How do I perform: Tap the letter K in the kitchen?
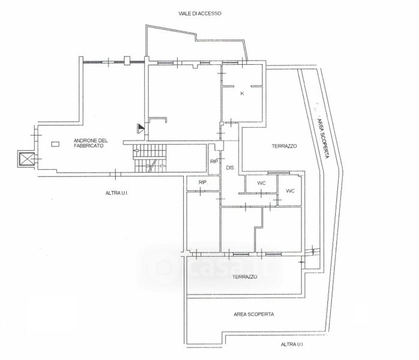(x=243, y=94)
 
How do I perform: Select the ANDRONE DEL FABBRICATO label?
(x=89, y=143)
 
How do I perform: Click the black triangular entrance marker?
(x=140, y=127)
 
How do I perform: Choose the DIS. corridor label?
(x=230, y=168)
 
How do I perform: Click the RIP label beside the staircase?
(x=213, y=161)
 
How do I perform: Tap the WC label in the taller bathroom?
(x=290, y=191)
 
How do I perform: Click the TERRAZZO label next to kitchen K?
(x=284, y=146)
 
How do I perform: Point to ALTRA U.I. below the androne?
(x=118, y=193)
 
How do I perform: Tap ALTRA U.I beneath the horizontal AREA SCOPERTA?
(x=292, y=344)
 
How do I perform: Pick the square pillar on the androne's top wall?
(x=126, y=60)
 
